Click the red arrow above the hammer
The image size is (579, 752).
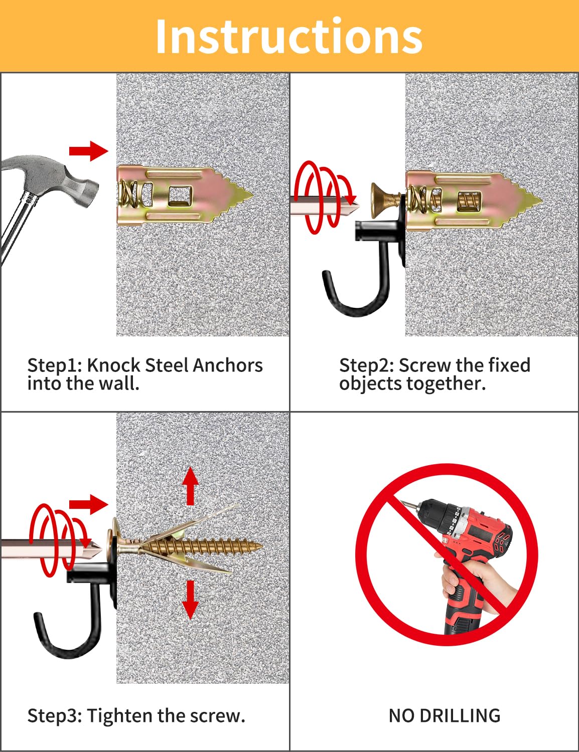click(x=88, y=150)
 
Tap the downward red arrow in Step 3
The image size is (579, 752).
click(x=190, y=600)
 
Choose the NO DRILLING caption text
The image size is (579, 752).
click(x=445, y=715)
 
